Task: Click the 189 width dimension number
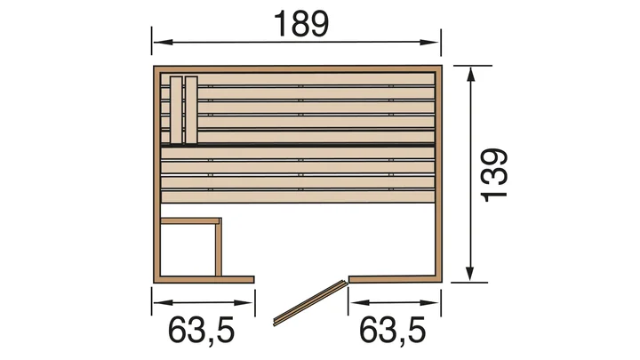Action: click(301, 24)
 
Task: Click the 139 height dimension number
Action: click(494, 175)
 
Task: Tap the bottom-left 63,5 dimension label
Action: click(201, 331)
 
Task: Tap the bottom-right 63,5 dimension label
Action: click(392, 331)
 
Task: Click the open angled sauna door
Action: click(310, 302)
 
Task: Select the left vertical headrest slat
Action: click(176, 110)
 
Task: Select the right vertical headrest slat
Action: click(191, 110)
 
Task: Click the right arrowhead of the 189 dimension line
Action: click(429, 42)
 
